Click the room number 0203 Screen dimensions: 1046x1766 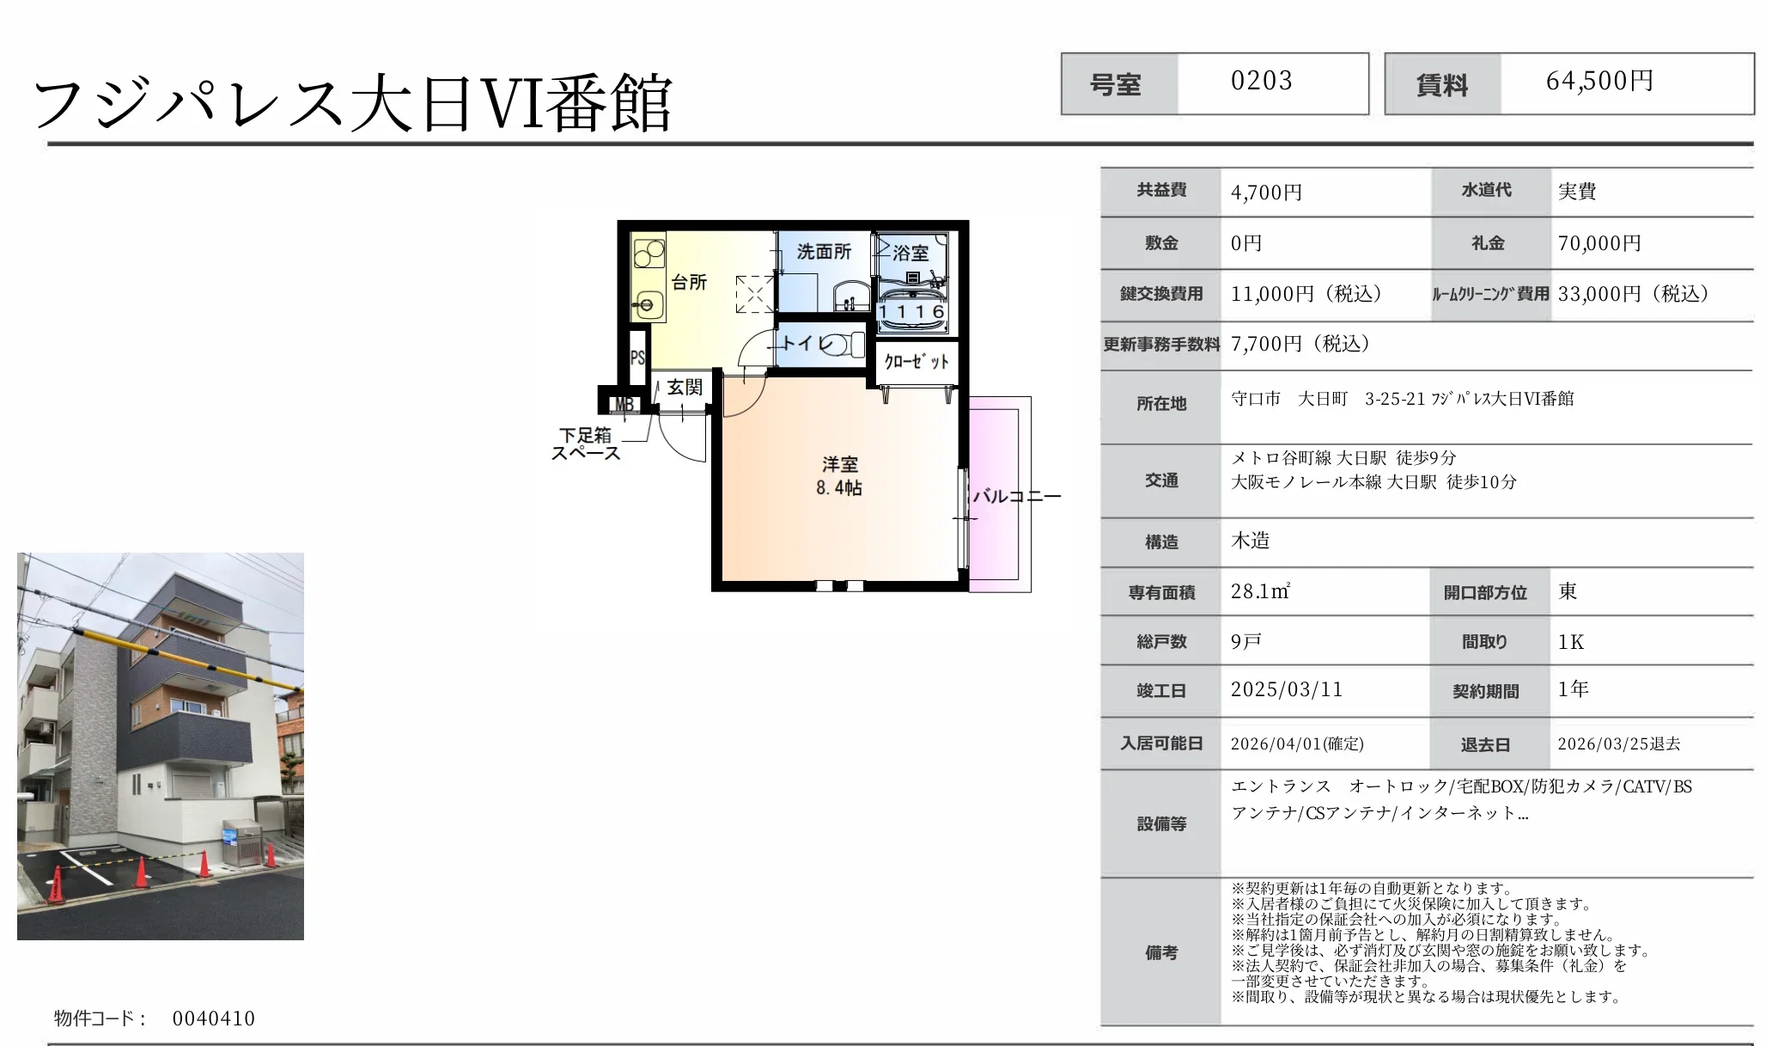[1261, 82]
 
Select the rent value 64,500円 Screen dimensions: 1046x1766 [1599, 82]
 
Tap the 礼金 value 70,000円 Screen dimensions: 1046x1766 [1599, 243]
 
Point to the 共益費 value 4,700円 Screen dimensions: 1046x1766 [1266, 193]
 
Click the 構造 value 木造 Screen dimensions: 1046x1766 [1250, 541]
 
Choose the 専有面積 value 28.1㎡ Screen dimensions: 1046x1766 [1260, 591]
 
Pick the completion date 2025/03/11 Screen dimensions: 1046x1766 [1286, 689]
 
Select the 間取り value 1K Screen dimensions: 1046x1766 [1571, 642]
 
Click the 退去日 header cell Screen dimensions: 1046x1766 [1485, 744]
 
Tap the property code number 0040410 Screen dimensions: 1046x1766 [213, 1018]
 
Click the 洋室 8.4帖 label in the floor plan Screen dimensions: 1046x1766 [839, 476]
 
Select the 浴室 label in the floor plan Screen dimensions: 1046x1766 [910, 253]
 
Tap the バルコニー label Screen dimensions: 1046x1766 [1017, 497]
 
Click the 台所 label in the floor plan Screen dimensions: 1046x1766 [689, 282]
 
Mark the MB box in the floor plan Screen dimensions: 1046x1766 [624, 404]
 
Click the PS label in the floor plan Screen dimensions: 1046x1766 [637, 358]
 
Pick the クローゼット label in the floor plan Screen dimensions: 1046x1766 [916, 362]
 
